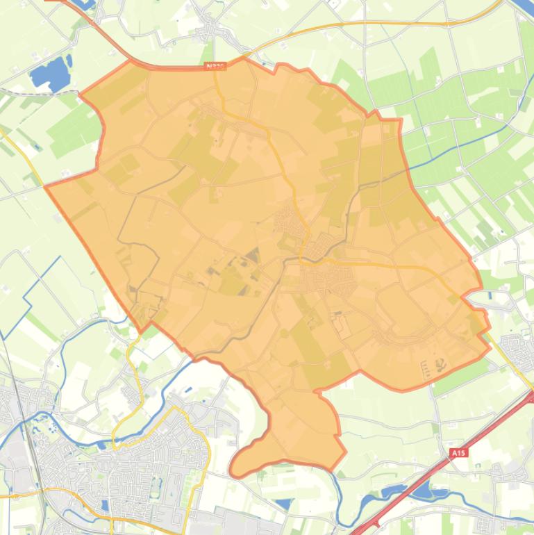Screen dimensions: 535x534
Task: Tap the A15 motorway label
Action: pyautogui.click(x=457, y=453)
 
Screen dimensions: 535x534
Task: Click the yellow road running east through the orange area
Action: pyautogui.click(x=389, y=266)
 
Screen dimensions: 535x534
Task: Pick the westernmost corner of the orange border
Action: pyautogui.click(x=47, y=186)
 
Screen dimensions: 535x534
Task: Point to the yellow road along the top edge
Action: pyautogui.click(x=361, y=23)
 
